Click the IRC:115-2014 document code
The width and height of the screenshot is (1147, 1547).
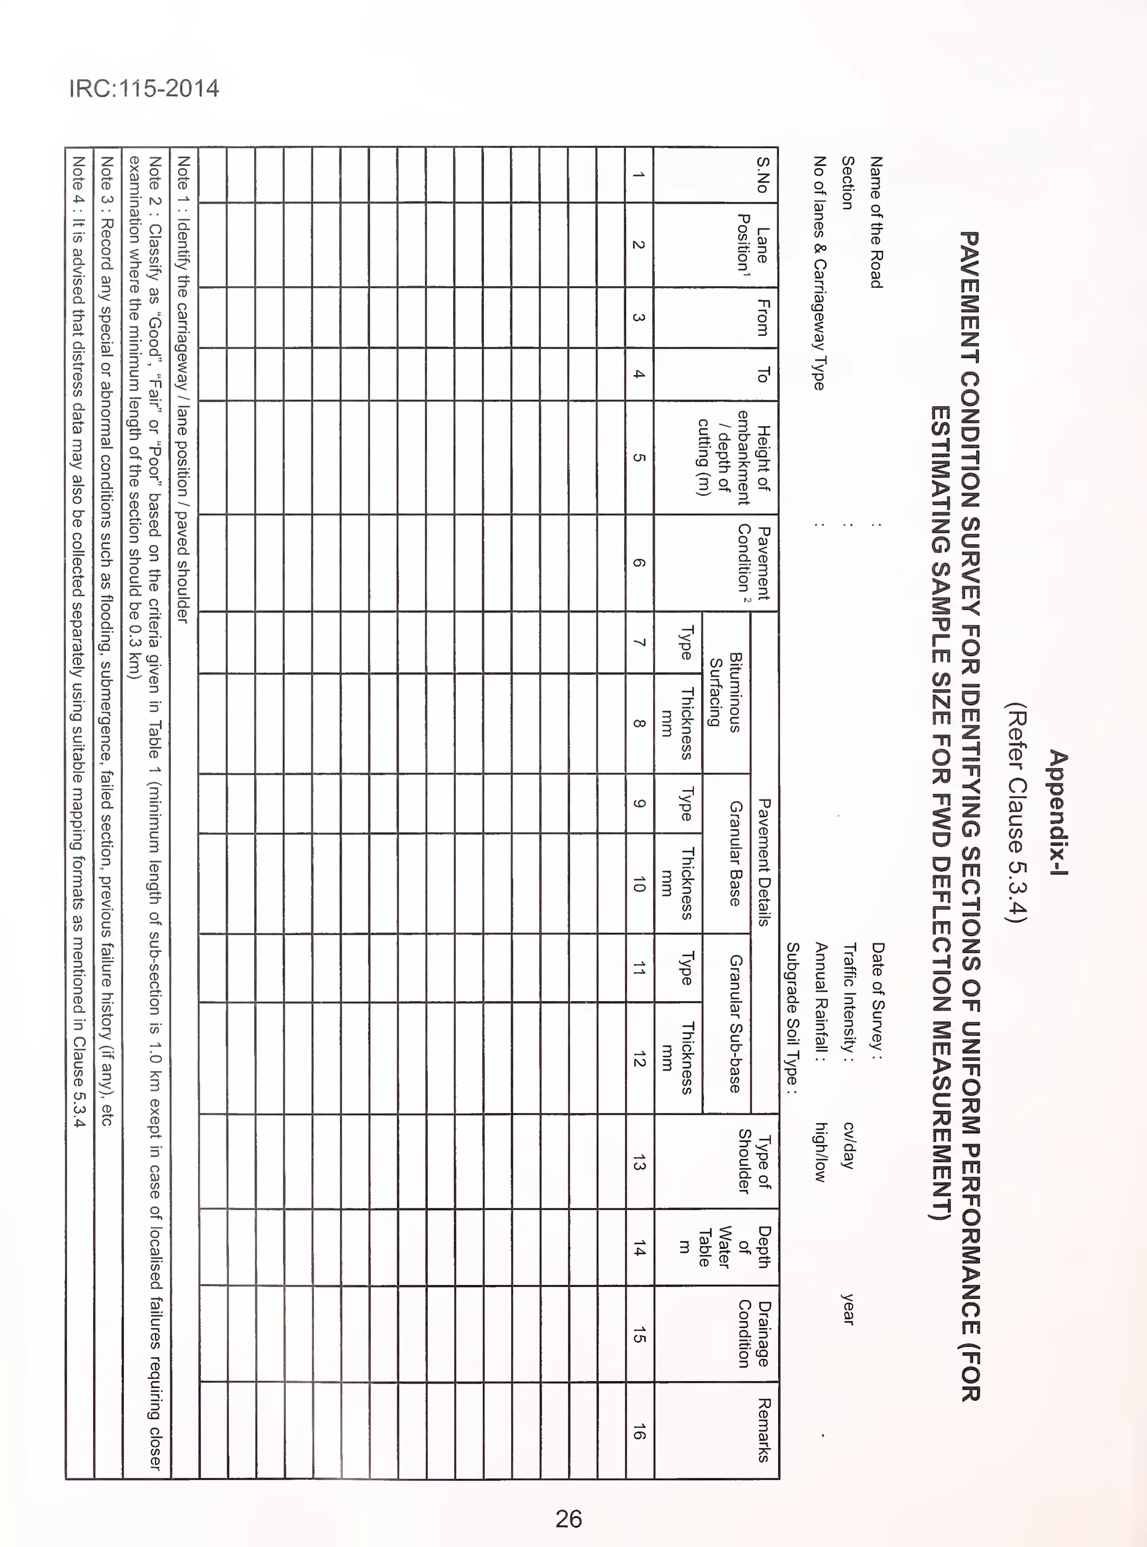click(144, 89)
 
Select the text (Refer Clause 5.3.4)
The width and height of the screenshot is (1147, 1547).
click(1015, 814)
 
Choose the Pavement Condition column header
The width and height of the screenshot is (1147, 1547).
click(753, 562)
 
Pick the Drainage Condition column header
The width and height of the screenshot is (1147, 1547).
click(753, 1333)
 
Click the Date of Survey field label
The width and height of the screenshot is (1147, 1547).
click(877, 995)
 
